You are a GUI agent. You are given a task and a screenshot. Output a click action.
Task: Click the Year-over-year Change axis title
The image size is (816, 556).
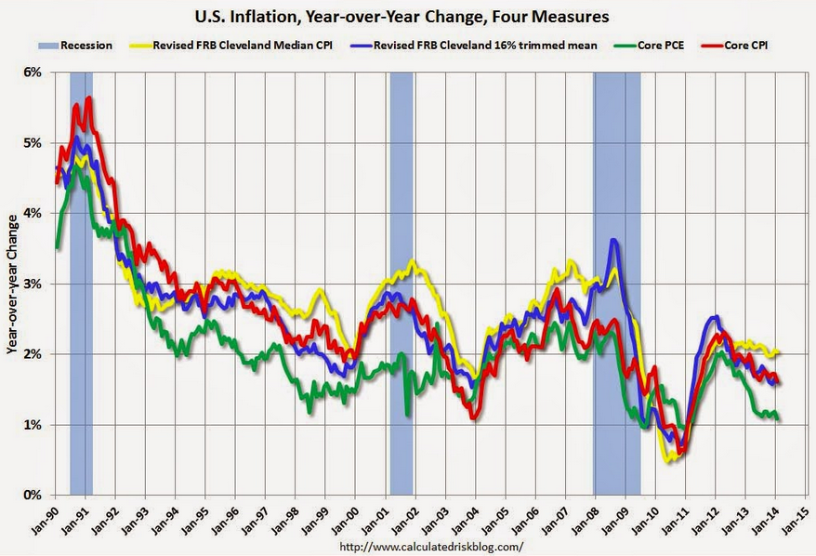point(12,284)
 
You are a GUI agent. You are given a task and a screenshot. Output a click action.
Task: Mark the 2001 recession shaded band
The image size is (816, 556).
point(401,279)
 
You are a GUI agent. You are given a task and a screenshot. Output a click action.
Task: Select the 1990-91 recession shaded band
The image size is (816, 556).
point(81,279)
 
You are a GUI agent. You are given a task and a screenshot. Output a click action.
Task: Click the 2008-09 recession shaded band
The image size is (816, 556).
point(617,279)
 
